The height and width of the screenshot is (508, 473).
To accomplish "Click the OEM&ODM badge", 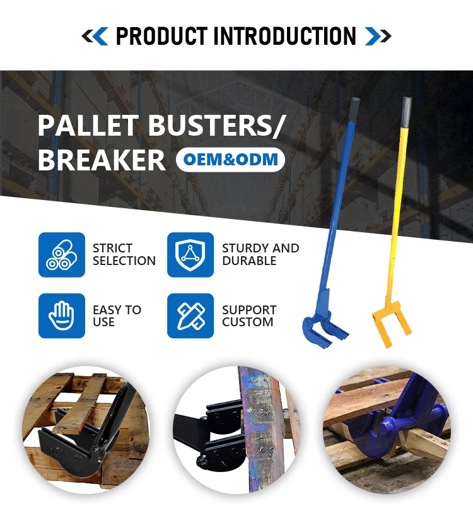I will pos(230,160).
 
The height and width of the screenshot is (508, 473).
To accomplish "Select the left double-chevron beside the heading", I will pos(95,36).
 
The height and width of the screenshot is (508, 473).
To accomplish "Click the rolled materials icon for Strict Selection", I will pos(62,255).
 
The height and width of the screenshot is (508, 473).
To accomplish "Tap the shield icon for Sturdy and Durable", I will pos(190,255).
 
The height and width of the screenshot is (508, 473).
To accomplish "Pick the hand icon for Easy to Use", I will pos(62,316).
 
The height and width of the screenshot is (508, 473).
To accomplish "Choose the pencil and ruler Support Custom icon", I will pos(190,316).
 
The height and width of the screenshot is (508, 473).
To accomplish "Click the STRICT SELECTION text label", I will pos(124,254).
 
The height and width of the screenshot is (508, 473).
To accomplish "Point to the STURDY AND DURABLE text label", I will pos(260,254).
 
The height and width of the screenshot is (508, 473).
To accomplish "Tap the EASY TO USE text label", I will pos(117,316).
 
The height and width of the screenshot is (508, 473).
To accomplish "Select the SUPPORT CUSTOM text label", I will pos(248,316).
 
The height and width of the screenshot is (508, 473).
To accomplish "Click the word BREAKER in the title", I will pos(102,160).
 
